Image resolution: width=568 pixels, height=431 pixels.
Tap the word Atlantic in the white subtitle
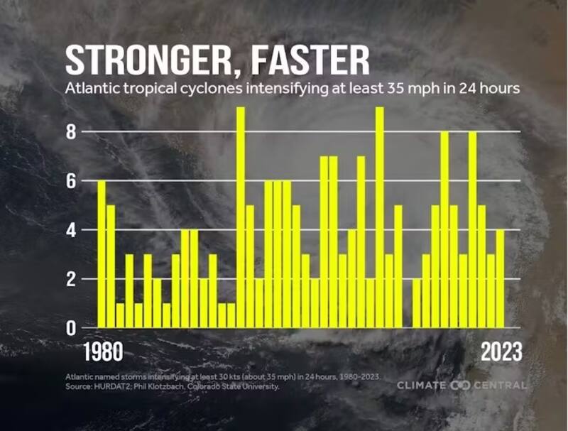tap(89, 89)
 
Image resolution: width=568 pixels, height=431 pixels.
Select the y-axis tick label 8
tap(71, 131)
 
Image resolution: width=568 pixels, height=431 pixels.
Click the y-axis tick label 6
tap(71, 180)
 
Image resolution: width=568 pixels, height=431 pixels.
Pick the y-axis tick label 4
tap(71, 229)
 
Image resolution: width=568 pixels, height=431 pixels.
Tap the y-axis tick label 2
tap(71, 279)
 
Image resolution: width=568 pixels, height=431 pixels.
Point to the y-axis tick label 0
tap(71, 328)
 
